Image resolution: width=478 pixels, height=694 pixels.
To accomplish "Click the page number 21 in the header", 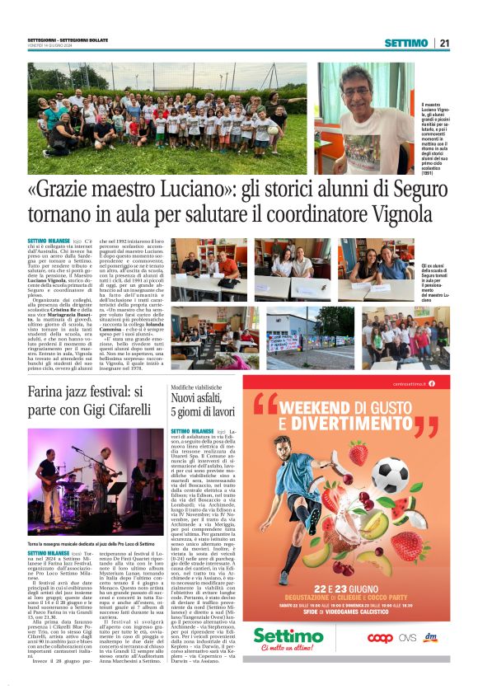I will click(x=443, y=43).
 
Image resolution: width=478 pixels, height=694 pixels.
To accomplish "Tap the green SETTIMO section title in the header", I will click(x=405, y=43).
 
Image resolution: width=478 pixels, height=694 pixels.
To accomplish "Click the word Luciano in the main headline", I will click(x=164, y=192).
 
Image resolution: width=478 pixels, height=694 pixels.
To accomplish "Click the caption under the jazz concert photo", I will click(x=91, y=545).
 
